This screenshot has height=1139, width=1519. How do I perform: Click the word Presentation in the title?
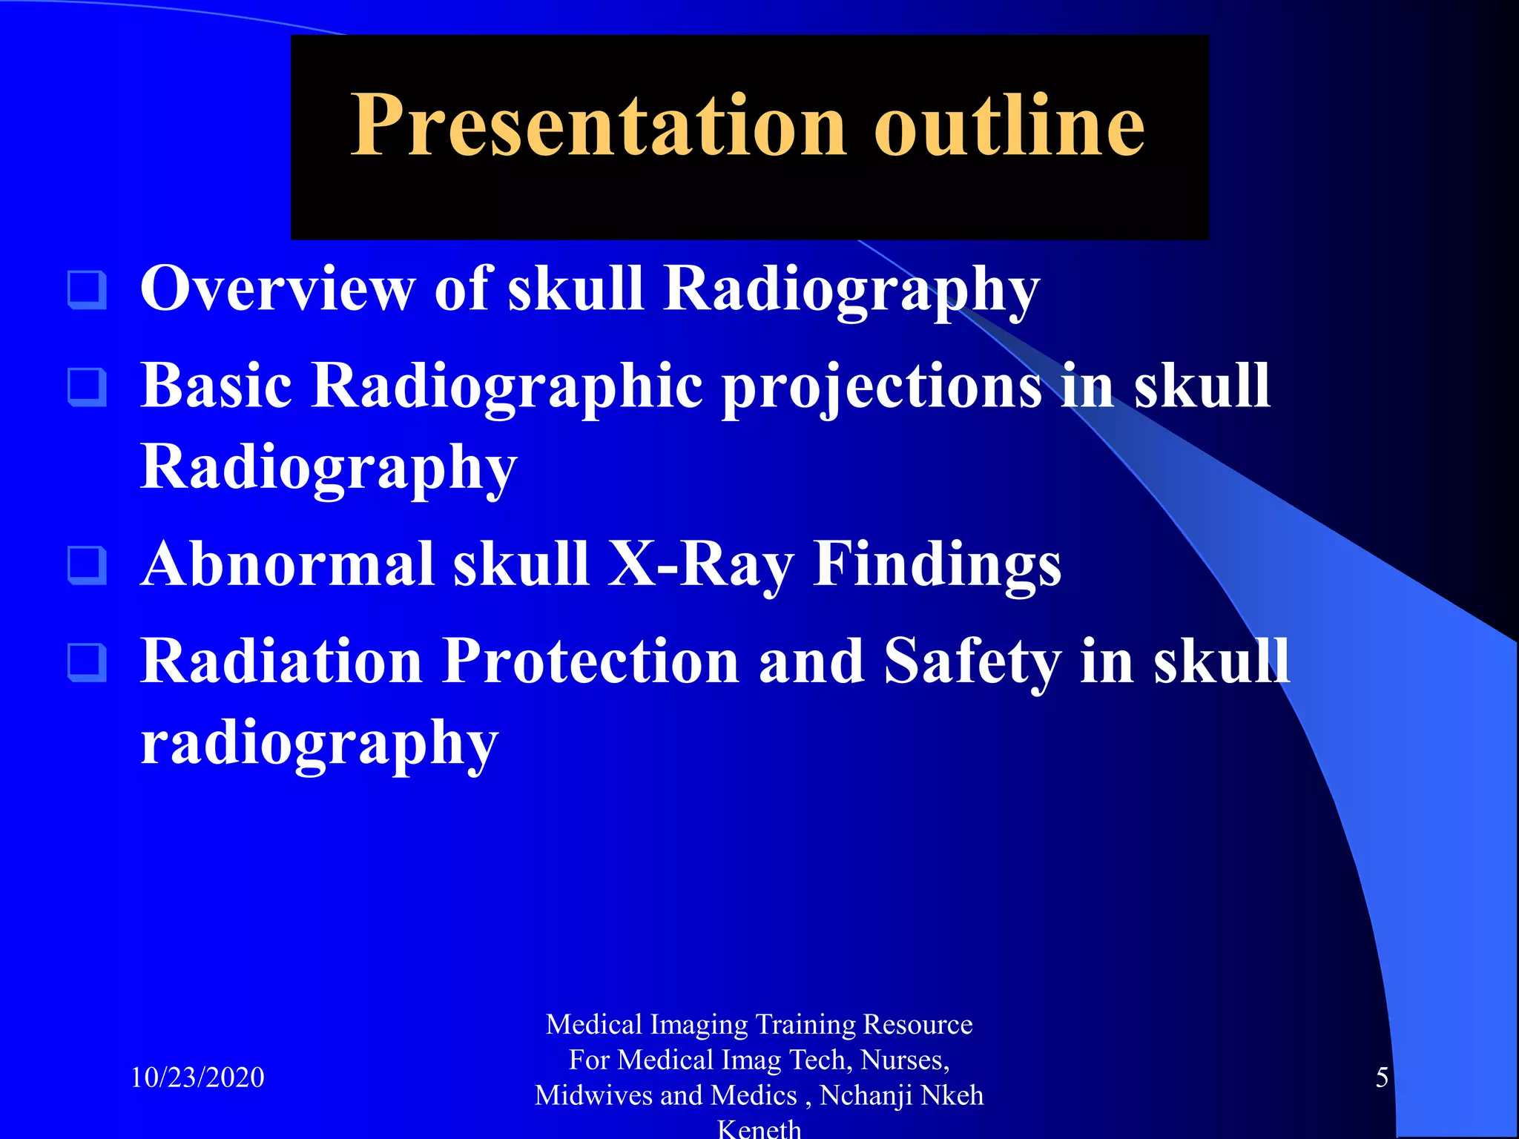[597, 126]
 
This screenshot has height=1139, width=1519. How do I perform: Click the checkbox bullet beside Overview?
[87, 290]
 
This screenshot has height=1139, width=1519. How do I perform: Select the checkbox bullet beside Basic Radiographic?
[87, 387]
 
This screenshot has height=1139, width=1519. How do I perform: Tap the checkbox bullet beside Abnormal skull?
[87, 565]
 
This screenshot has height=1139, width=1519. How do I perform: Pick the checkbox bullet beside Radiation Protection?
[87, 662]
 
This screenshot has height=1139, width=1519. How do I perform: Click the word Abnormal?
[287, 565]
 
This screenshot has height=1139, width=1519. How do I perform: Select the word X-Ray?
[700, 565]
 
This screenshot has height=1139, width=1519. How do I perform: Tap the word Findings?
[937, 565]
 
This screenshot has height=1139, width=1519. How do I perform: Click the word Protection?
[590, 661]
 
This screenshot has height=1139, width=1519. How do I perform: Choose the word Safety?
[972, 661]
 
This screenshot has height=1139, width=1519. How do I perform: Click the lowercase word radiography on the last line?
[319, 744]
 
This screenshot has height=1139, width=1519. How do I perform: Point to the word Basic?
[216, 387]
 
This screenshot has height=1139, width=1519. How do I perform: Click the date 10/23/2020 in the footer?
[197, 1077]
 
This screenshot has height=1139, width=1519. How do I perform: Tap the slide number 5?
[1382, 1077]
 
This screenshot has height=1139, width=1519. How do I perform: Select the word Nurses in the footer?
[904, 1060]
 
